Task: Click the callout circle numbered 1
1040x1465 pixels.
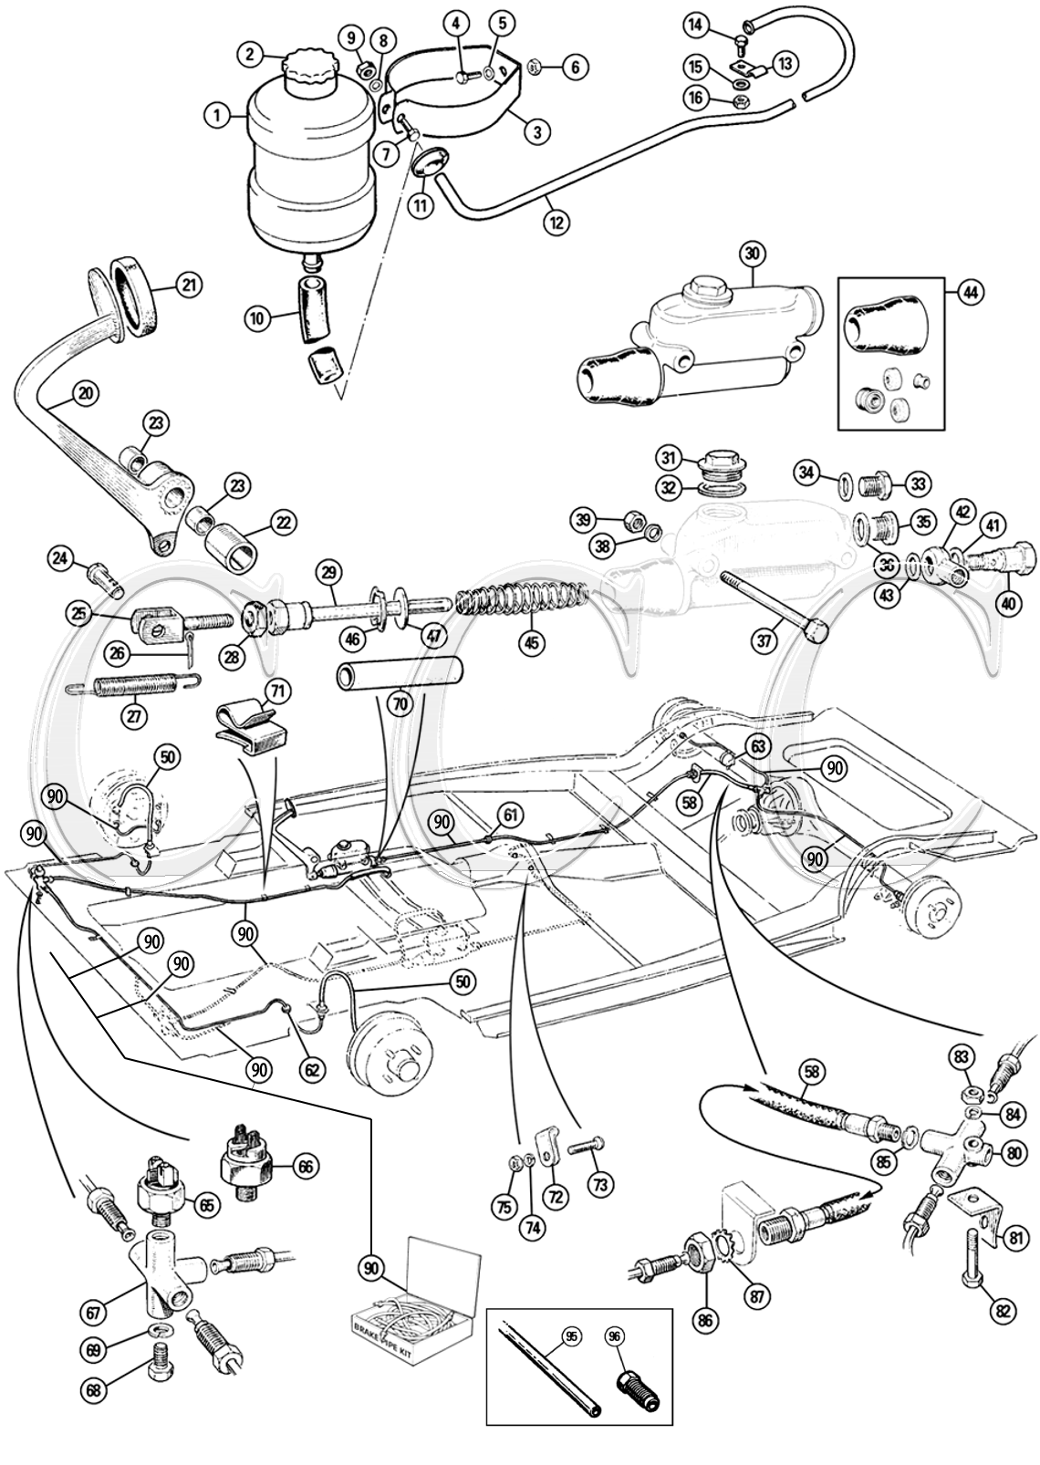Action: pyautogui.click(x=216, y=116)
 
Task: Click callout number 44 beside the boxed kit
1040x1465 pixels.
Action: pyautogui.click(x=969, y=293)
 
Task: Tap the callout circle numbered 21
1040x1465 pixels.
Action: pyautogui.click(x=188, y=286)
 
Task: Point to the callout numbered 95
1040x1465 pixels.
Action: pyautogui.click(x=570, y=1337)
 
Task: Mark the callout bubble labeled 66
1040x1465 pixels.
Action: pyautogui.click(x=305, y=1167)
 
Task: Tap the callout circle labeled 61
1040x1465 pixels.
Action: pyautogui.click(x=512, y=814)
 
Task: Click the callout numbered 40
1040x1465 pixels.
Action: pyautogui.click(x=1007, y=603)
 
